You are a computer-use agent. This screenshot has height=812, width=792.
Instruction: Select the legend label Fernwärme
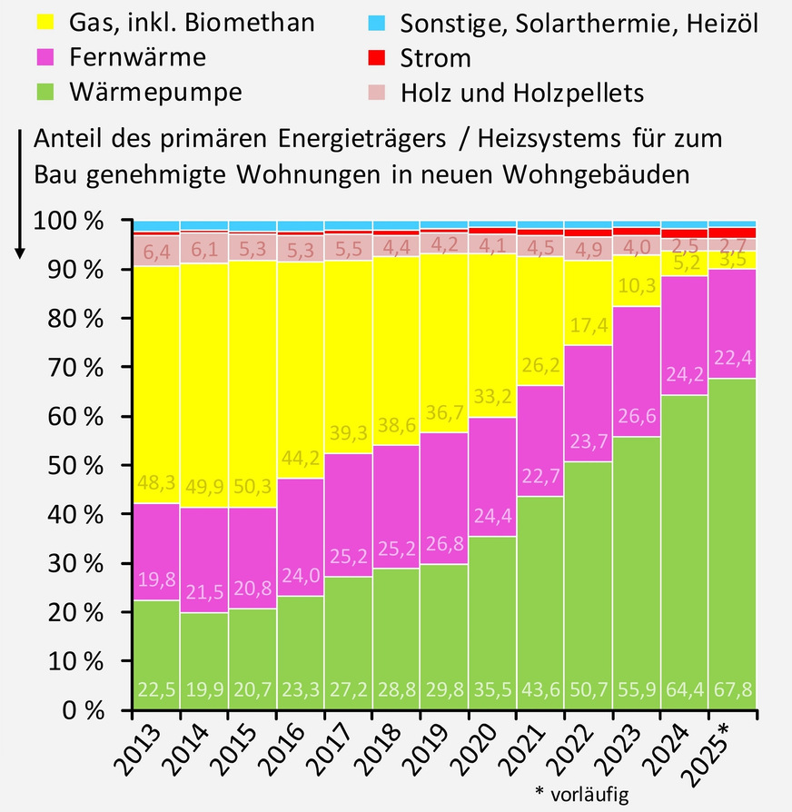pos(137,56)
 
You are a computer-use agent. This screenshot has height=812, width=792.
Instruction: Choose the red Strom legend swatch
pos(375,58)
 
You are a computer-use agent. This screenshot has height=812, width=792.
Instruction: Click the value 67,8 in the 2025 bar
pos(733,692)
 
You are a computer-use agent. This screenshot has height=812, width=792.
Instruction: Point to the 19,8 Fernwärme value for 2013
pos(156,579)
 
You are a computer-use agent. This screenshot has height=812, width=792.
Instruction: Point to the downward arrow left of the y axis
pos(19,193)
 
